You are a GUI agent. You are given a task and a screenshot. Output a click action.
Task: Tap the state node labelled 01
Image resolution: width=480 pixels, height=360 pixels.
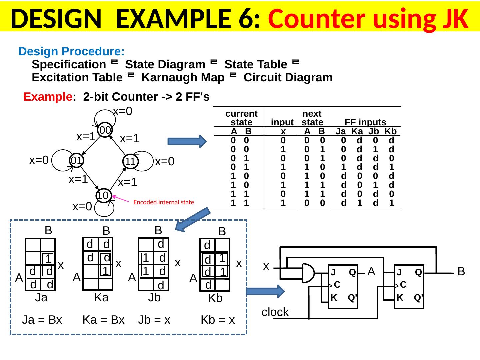tap(76, 160)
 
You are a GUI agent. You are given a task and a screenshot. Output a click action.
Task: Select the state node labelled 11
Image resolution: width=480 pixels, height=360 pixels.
tap(130, 162)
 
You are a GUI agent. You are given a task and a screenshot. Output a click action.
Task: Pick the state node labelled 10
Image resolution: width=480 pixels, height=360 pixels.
tap(103, 196)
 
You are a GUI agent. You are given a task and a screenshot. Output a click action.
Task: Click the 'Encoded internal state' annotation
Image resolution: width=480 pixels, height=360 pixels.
tap(163, 202)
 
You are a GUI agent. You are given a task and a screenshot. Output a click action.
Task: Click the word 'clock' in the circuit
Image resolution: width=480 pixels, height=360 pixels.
tap(275, 312)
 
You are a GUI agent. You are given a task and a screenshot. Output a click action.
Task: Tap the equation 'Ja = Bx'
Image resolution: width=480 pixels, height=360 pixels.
tap(42, 320)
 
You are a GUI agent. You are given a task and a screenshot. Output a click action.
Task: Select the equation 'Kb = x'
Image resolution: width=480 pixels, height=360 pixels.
tap(218, 320)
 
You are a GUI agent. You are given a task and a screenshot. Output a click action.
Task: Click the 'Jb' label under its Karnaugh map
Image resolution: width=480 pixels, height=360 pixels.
tap(154, 297)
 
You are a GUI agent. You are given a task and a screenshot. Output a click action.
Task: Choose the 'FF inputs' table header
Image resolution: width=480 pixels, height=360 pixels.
tap(365, 122)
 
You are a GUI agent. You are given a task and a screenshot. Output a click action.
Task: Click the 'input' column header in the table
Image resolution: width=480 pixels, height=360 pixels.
tap(282, 122)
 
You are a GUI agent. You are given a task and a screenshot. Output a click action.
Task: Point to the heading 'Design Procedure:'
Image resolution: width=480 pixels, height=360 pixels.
tap(72, 52)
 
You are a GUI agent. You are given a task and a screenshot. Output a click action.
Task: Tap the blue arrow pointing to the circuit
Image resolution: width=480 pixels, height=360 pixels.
tap(267, 291)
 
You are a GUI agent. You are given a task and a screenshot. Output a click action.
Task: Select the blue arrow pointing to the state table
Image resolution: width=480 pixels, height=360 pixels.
tap(187, 141)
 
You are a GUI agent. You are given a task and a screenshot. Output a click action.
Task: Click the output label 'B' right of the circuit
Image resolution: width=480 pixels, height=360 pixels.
tap(461, 272)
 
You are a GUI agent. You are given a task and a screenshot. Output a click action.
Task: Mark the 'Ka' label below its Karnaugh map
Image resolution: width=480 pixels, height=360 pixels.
tap(101, 297)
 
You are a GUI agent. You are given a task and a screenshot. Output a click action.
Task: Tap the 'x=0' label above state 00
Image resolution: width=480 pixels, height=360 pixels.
tap(123, 111)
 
